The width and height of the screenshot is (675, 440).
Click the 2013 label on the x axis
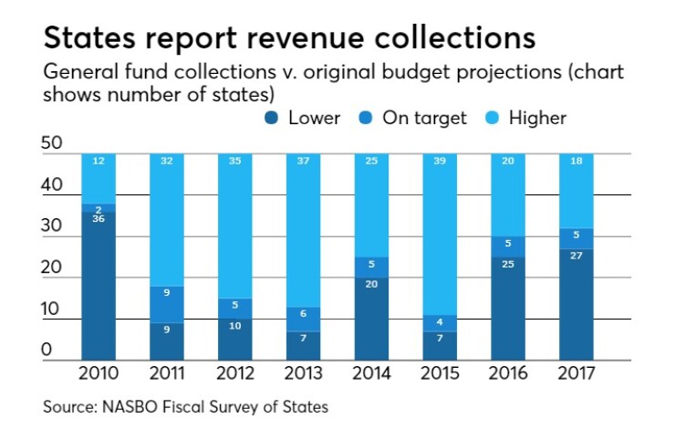coord(303,374)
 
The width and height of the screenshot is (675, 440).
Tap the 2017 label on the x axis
coord(576,374)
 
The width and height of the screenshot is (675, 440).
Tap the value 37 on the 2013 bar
coord(303,161)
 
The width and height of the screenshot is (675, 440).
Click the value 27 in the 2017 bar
coord(576,256)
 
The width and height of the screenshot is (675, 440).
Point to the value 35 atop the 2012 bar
coord(234,161)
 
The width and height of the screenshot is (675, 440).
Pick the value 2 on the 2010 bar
coord(99,209)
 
